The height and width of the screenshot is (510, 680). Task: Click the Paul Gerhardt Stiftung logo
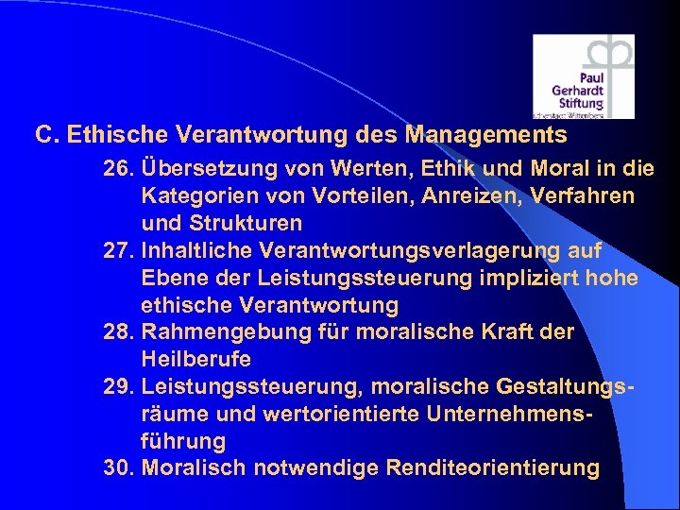tap(583, 76)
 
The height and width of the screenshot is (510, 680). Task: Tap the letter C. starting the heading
tap(44, 135)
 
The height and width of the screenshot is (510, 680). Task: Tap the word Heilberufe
tap(196, 360)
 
